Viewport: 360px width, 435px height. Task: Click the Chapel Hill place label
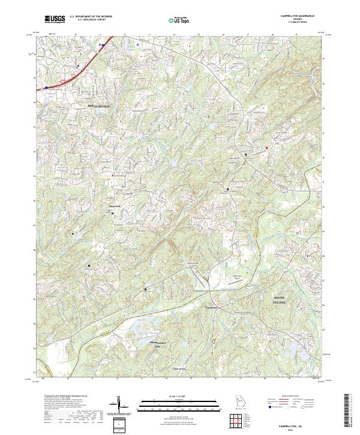pyautogui.click(x=114, y=206)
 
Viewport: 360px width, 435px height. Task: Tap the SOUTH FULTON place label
pyautogui.click(x=281, y=300)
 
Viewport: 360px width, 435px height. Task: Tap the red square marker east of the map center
pyautogui.click(x=267, y=147)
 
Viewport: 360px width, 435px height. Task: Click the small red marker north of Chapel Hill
pyautogui.click(x=112, y=175)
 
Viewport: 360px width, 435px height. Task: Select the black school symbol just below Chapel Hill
pyautogui.click(x=112, y=213)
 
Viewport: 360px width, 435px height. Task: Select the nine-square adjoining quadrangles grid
pyautogui.click(x=236, y=422)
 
